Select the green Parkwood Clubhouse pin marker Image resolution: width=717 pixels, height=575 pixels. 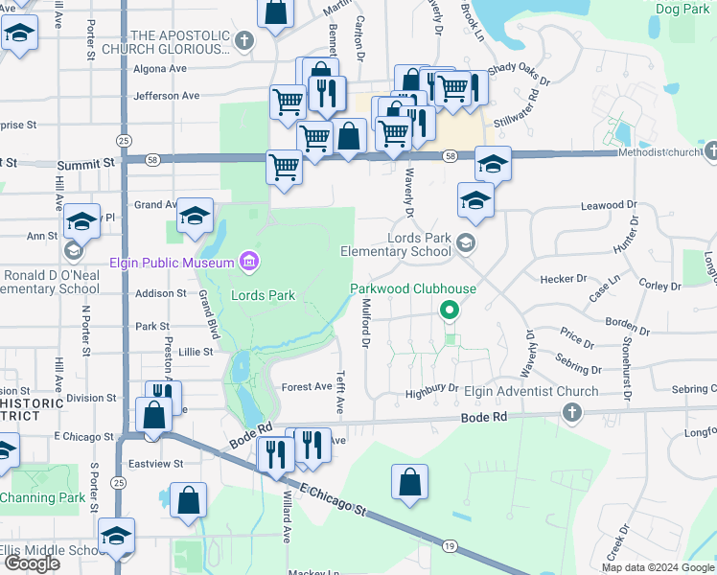tap(448, 310)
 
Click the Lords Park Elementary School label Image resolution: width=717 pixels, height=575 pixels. tap(396, 244)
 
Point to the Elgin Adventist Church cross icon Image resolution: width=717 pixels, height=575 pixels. tap(571, 413)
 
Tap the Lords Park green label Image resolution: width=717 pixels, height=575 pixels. tap(263, 295)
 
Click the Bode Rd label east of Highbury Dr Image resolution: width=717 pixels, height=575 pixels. tap(483, 418)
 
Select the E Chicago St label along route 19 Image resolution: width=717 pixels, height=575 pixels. tap(334, 498)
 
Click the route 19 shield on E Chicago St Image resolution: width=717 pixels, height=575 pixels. tap(450, 544)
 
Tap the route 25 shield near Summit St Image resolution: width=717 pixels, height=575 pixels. tap(124, 141)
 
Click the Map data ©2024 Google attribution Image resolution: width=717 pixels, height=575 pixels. tap(659, 567)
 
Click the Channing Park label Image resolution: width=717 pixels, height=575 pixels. tap(42, 497)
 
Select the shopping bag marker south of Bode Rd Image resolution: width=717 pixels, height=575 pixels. tap(409, 484)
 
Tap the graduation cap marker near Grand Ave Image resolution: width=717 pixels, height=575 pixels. tap(195, 219)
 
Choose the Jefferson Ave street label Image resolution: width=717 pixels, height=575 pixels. tap(167, 96)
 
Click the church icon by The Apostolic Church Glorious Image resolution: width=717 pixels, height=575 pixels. tap(244, 42)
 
